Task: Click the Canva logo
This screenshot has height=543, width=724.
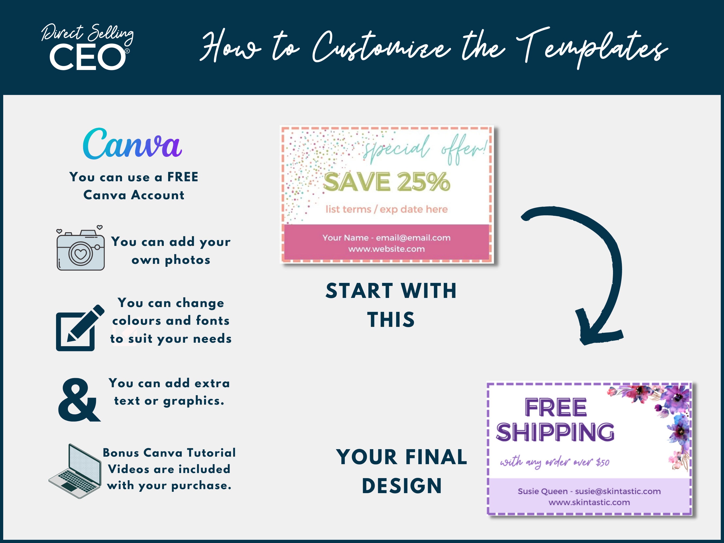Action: coord(132,144)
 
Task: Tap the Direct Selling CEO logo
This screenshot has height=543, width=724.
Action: coord(88,47)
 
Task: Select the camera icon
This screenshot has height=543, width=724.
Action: coord(80,249)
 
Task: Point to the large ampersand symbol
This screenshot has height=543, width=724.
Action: coord(79,400)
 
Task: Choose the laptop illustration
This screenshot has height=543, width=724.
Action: coord(75,471)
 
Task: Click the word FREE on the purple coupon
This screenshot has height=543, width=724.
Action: coord(556,408)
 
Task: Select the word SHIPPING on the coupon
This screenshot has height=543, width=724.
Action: coord(555,432)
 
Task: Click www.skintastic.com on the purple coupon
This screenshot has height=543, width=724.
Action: coord(589,503)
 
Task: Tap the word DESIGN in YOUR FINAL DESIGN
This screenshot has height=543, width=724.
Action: coord(402,486)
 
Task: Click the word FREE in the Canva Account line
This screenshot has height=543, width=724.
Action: coord(183,177)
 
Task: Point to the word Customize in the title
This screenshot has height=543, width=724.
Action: coord(381,47)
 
